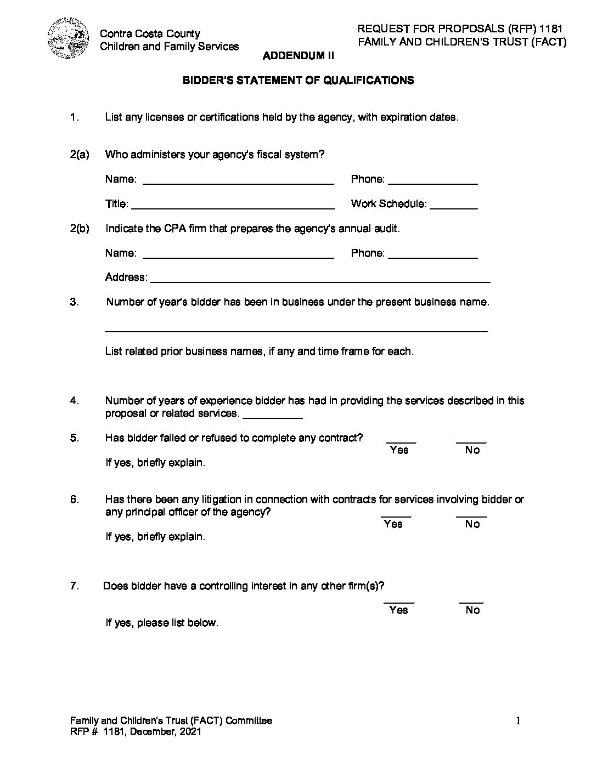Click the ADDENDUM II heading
[x=298, y=55]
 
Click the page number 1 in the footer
[x=517, y=721]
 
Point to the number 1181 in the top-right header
[x=551, y=29]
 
